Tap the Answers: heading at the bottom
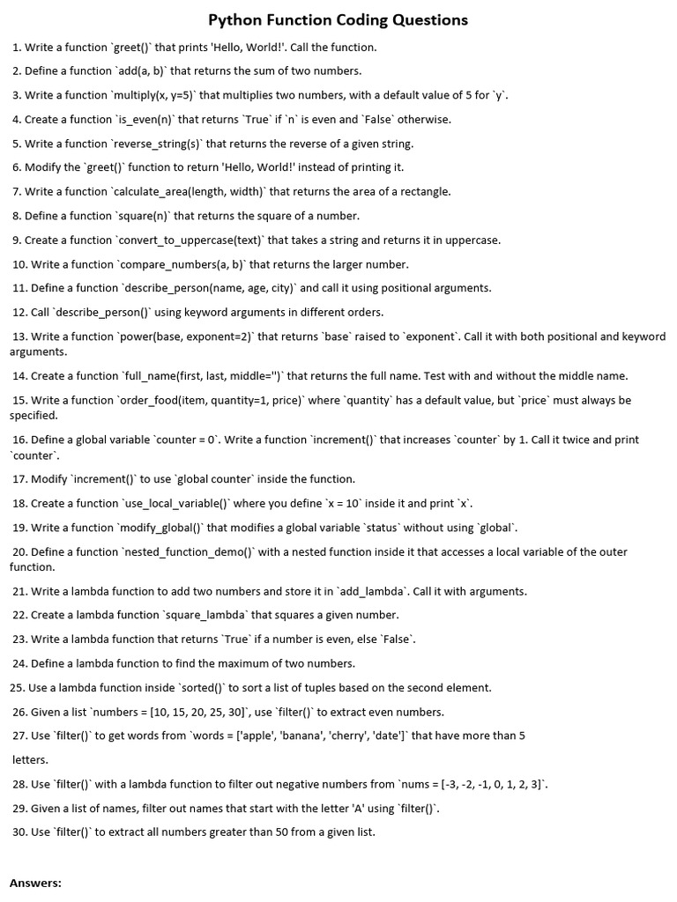click(35, 882)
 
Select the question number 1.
click(16, 48)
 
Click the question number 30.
click(19, 832)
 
